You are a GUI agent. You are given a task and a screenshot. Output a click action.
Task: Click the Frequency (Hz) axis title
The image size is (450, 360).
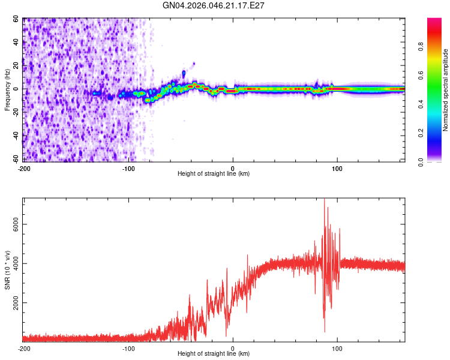pyautogui.click(x=7, y=89)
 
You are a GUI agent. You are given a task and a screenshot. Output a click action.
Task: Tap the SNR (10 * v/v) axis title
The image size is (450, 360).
pyautogui.click(x=7, y=270)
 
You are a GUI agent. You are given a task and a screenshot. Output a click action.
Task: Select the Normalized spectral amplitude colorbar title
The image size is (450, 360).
pyautogui.click(x=445, y=90)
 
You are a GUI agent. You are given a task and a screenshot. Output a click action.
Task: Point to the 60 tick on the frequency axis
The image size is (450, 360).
pyautogui.click(x=16, y=19)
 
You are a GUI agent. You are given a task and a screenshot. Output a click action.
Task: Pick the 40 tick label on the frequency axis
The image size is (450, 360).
pyautogui.click(x=16, y=43)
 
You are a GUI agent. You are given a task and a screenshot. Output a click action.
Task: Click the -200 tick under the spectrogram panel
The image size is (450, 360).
pyautogui.click(x=24, y=169)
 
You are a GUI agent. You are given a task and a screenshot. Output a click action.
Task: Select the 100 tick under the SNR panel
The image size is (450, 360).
pyautogui.click(x=337, y=349)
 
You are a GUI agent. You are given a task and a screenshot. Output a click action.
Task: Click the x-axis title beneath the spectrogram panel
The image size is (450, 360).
pyautogui.click(x=214, y=174)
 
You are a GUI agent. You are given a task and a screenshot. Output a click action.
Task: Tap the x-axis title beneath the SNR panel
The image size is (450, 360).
pyautogui.click(x=214, y=354)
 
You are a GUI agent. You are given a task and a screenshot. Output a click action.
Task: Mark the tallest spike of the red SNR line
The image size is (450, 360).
pyautogui.click(x=324, y=200)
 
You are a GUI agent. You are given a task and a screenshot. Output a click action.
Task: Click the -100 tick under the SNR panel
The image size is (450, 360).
pyautogui.click(x=128, y=349)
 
